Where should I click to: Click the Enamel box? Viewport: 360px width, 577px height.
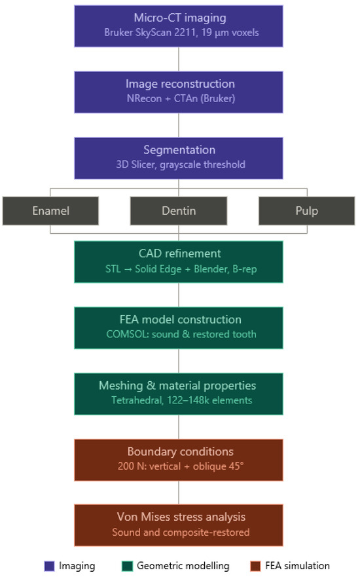pyautogui.click(x=50, y=210)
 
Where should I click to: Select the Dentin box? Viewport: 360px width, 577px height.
pyautogui.click(x=179, y=210)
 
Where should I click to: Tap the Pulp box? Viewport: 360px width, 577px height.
pyautogui.click(x=307, y=210)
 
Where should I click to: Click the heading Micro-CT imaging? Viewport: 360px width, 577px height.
pyautogui.click(x=180, y=18)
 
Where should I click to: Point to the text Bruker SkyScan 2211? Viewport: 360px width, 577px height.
pyautogui.click(x=150, y=32)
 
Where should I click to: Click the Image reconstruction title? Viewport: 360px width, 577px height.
pyautogui.click(x=180, y=84)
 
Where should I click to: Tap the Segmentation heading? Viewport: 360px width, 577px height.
pyautogui.click(x=179, y=150)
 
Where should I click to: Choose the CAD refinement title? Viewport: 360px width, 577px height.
pyautogui.click(x=180, y=253)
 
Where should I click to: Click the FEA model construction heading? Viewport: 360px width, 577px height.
pyautogui.click(x=181, y=320)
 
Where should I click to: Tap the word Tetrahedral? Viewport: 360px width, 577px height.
pyautogui.click(x=137, y=400)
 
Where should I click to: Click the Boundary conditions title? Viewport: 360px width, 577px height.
pyautogui.click(x=181, y=451)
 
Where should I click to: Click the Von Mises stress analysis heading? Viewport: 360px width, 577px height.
pyautogui.click(x=181, y=517)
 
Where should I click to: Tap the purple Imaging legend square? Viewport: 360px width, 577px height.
pyautogui.click(x=49, y=566)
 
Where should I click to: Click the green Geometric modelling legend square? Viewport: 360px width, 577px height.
pyautogui.click(x=127, y=566)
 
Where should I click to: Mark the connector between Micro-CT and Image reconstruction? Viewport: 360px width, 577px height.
pyautogui.click(x=179, y=59)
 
